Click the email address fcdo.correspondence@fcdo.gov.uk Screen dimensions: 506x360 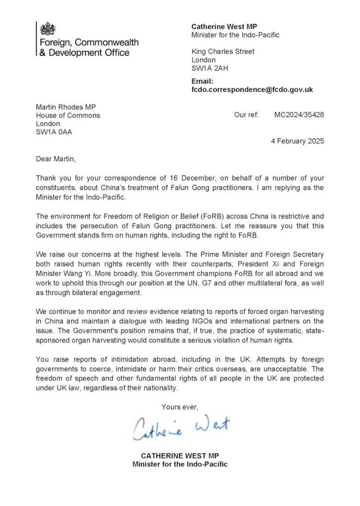tap(252, 90)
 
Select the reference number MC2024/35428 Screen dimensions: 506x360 tap(299, 115)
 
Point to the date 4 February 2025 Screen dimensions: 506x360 tap(298, 141)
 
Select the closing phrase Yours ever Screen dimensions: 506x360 tap(180, 407)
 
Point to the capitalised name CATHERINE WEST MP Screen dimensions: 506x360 tap(180, 456)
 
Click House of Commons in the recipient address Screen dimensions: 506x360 tap(68, 115)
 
